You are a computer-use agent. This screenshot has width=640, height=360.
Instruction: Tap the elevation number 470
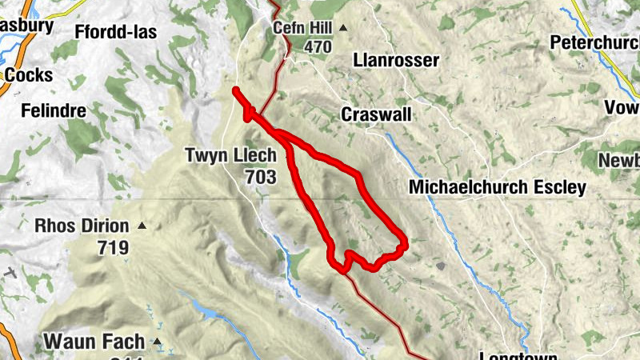(317, 46)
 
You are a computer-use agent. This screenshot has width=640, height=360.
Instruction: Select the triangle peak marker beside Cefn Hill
(343, 28)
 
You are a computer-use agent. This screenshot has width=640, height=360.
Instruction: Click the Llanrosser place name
(396, 61)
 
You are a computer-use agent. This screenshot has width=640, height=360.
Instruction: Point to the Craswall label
(376, 114)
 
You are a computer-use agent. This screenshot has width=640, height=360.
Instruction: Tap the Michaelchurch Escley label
(497, 187)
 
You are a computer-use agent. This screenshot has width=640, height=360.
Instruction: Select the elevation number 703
(262, 176)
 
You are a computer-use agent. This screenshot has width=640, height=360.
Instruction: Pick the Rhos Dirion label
(82, 226)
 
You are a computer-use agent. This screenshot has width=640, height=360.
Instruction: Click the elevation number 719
(112, 247)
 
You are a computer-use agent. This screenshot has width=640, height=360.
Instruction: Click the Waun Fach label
(94, 342)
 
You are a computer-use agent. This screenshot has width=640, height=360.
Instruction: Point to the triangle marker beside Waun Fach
(158, 342)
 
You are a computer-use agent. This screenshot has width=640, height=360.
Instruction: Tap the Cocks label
(28, 75)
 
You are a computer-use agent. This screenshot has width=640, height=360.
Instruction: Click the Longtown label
(517, 354)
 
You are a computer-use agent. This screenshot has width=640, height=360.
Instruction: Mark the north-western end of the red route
(236, 90)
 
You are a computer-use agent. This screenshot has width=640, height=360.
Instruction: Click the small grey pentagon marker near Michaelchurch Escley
(440, 265)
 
